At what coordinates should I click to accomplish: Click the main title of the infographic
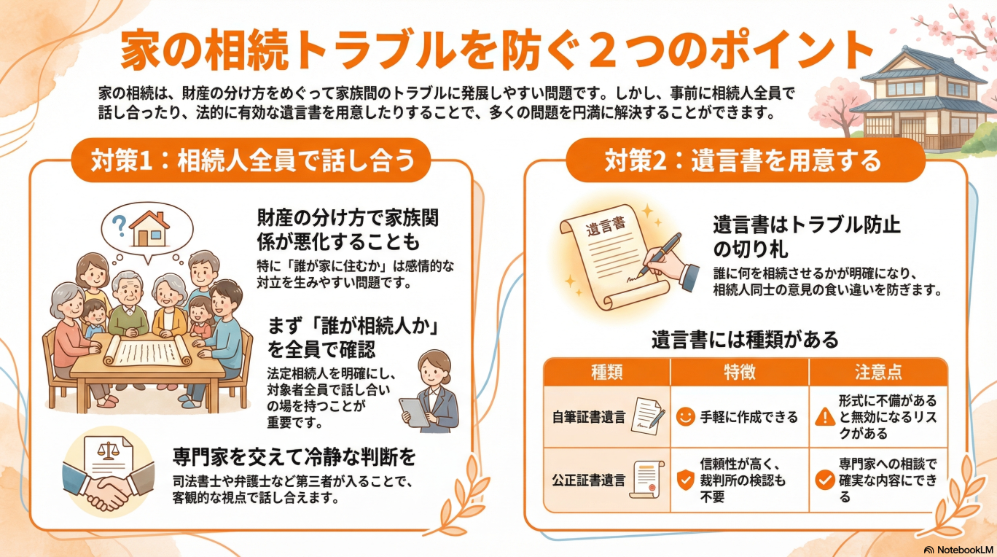496,50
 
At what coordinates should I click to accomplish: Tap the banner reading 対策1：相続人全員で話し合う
251,160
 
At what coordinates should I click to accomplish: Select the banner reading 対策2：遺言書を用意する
746,160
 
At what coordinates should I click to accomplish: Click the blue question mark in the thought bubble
119,226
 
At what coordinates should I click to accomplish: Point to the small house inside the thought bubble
150,229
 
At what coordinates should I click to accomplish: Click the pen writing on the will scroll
660,254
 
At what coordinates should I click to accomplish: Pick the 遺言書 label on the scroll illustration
606,227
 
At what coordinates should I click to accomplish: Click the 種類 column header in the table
606,372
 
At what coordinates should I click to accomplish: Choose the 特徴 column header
739,372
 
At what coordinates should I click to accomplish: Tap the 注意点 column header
878,372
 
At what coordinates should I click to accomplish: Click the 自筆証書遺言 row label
588,417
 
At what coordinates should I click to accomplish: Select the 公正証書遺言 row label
588,480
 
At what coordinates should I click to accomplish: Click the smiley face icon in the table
685,417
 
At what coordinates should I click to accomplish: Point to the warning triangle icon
825,417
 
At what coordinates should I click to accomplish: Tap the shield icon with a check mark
685,480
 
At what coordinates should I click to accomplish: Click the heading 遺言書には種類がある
745,340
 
